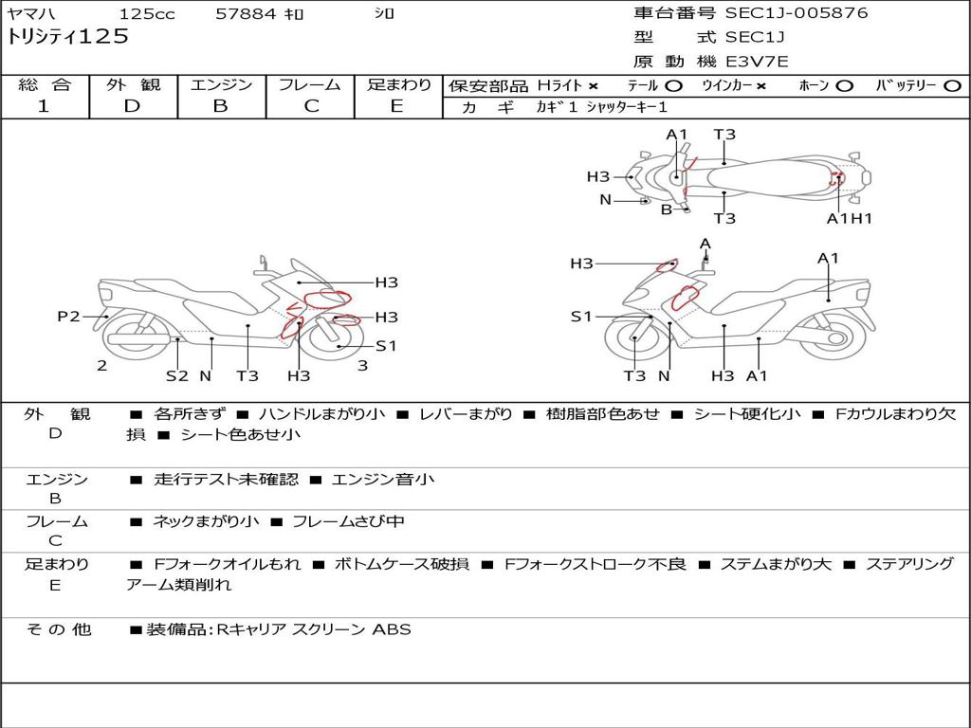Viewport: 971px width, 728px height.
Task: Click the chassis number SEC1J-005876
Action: coord(797,13)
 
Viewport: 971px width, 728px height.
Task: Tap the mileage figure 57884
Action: coord(246,14)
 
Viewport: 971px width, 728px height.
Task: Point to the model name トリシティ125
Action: coord(67,37)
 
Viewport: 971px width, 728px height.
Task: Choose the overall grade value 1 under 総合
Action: coord(44,106)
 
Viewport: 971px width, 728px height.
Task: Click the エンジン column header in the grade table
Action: coord(221,85)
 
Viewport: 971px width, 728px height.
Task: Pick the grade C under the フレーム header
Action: coord(311,106)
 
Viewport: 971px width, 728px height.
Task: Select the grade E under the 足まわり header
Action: coord(397,106)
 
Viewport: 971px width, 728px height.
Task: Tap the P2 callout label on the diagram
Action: coord(68,317)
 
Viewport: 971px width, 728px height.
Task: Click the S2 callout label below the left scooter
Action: coord(177,375)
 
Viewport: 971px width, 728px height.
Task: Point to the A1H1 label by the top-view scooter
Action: coord(849,219)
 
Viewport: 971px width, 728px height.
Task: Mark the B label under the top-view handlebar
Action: coord(667,209)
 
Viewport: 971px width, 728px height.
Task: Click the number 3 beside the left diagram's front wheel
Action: coord(362,365)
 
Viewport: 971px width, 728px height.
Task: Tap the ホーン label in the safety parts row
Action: coord(815,85)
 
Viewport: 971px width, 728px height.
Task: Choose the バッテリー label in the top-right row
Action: coord(906,85)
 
